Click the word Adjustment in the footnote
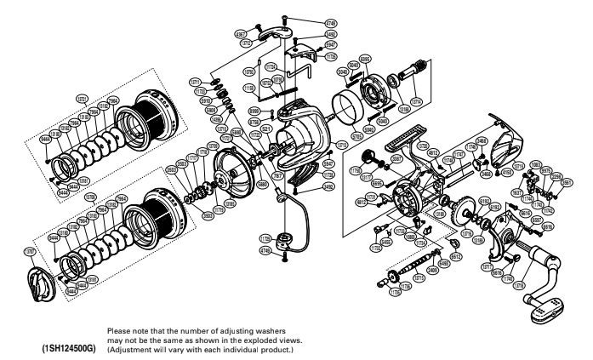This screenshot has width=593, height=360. click(x=134, y=346)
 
